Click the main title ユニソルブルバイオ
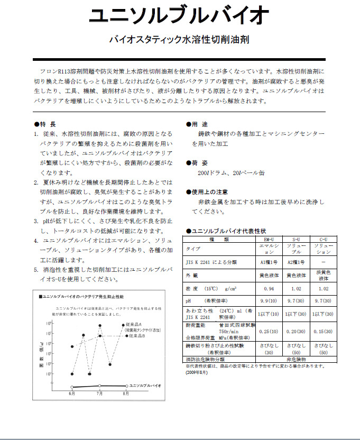point(179,16)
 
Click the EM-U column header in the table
point(269,240)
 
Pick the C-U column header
point(324,240)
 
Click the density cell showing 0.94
point(269,289)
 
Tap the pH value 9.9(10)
point(269,300)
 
